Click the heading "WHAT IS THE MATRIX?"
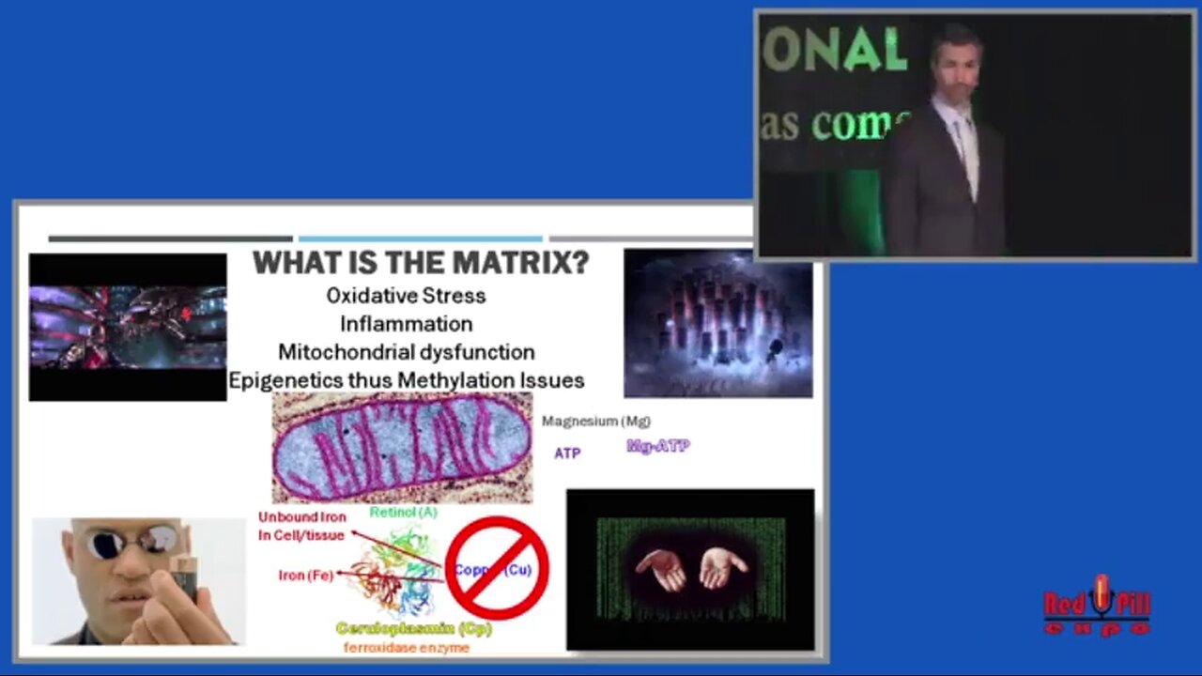tap(421, 263)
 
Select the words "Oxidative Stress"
tap(406, 296)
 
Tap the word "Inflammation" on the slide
tap(406, 324)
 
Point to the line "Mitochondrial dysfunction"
tap(406, 352)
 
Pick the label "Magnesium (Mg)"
tap(595, 422)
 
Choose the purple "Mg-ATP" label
tap(657, 446)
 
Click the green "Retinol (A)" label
tap(403, 513)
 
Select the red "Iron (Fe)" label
tap(306, 576)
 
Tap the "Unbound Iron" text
tap(302, 517)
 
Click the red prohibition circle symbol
tap(497, 567)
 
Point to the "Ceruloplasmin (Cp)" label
tap(414, 628)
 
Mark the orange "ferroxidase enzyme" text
tap(406, 647)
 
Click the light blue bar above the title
tap(420, 238)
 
